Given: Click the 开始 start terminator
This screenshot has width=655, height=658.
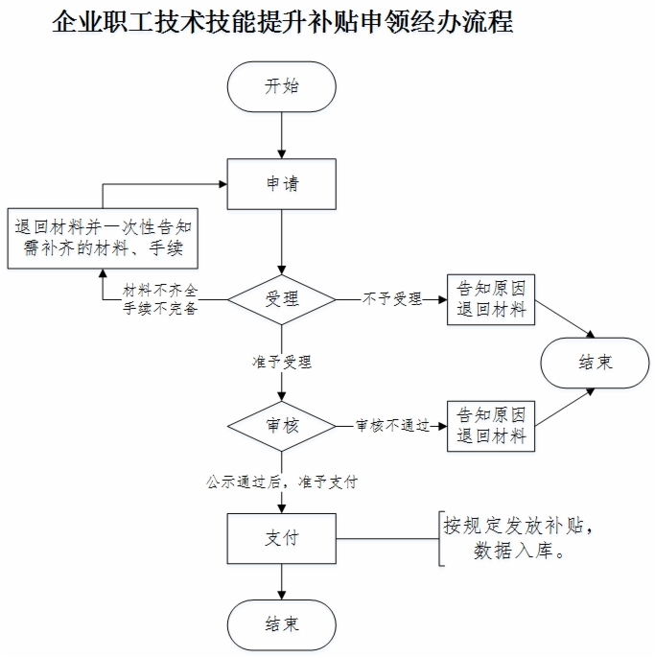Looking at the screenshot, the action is (282, 87).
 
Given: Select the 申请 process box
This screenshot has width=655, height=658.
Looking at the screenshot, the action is (282, 184).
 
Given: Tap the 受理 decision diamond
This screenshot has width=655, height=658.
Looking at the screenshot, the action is (282, 299).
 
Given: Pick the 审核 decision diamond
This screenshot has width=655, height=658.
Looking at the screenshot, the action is (282, 426).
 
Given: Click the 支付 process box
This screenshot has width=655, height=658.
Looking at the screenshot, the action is (282, 538).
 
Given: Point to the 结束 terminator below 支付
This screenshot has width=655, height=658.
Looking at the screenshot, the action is (282, 624).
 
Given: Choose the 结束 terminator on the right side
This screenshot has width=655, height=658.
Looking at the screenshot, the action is (595, 363).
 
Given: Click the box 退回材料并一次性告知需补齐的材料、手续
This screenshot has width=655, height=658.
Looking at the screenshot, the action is (103, 238).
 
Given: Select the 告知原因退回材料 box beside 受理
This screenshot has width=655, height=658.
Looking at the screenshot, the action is (491, 299).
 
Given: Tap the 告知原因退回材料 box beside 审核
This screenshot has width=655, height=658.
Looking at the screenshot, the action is (491, 426).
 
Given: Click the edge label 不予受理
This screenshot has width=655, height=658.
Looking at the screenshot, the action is (392, 299).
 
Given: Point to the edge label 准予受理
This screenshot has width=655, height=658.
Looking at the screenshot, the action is (282, 362).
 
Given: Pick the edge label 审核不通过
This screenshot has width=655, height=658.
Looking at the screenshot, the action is (393, 426).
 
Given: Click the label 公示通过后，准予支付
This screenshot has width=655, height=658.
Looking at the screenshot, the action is (282, 482).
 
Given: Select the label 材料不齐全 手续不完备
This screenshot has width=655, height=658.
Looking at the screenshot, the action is (160, 299).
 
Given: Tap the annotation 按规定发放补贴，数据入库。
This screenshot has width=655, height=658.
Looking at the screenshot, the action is (518, 538).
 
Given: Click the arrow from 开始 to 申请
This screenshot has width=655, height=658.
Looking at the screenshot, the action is (282, 135).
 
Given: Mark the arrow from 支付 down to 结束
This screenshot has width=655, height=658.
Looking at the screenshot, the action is (282, 581).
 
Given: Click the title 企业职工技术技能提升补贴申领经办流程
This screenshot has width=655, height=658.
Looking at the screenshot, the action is (282, 21).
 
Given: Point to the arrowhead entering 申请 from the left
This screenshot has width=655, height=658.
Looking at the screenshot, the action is (222, 184).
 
